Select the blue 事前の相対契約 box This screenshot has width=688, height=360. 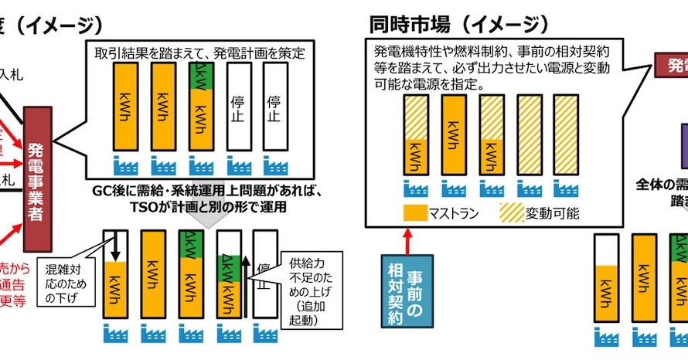(x=407, y=292)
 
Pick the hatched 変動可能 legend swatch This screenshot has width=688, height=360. (x=510, y=211)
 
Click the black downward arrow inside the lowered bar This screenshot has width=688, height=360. (x=115, y=246)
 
